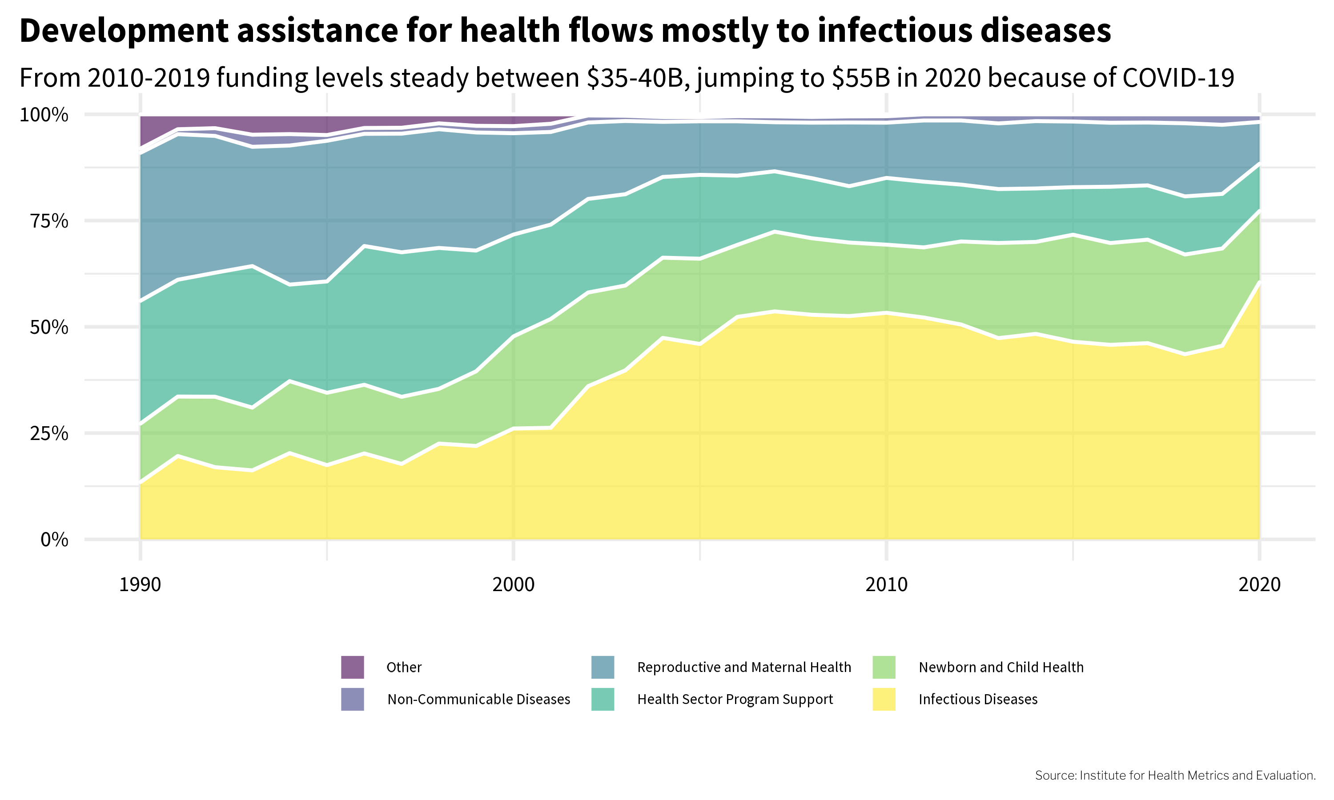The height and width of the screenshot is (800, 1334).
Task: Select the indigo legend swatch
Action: coord(353,699)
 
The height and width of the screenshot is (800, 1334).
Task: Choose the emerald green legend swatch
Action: coord(603,699)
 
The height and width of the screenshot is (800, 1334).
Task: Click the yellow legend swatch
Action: coord(884,699)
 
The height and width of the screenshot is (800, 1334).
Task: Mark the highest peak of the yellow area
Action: coord(1260,282)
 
